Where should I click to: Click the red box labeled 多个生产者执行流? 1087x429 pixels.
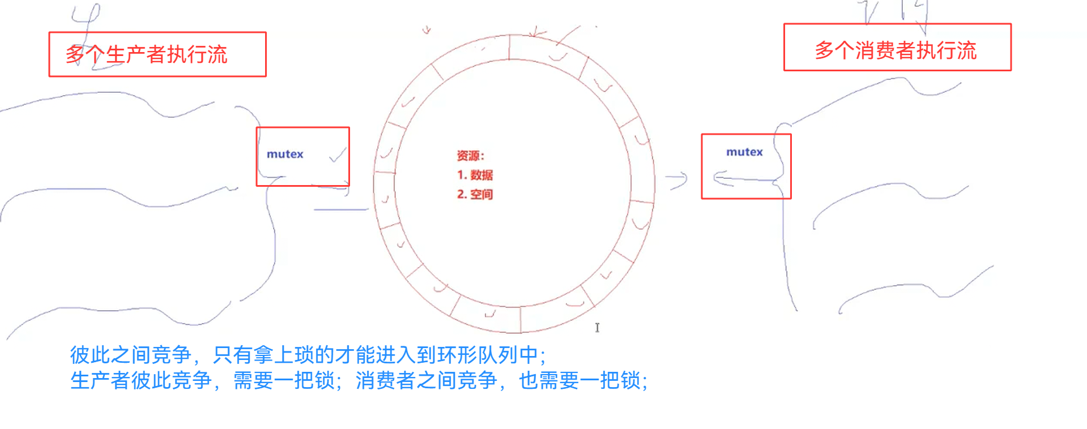click(x=157, y=54)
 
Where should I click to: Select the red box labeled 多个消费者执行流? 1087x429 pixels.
click(x=897, y=48)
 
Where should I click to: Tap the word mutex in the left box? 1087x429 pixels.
click(x=285, y=155)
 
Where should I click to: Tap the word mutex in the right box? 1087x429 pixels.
click(x=744, y=152)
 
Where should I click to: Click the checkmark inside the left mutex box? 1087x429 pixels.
click(x=338, y=155)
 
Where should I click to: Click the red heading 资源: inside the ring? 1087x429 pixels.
click(x=470, y=156)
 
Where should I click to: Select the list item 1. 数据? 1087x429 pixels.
click(x=475, y=175)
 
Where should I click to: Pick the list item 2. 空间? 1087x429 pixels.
click(x=475, y=195)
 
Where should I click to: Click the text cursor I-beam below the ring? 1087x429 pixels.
click(x=597, y=328)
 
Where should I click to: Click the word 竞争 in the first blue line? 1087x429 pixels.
click(x=172, y=355)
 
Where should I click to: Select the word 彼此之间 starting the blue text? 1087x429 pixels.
click(x=110, y=355)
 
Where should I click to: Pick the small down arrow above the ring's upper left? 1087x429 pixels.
click(x=427, y=30)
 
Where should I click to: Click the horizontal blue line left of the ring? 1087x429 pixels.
click(x=341, y=209)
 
